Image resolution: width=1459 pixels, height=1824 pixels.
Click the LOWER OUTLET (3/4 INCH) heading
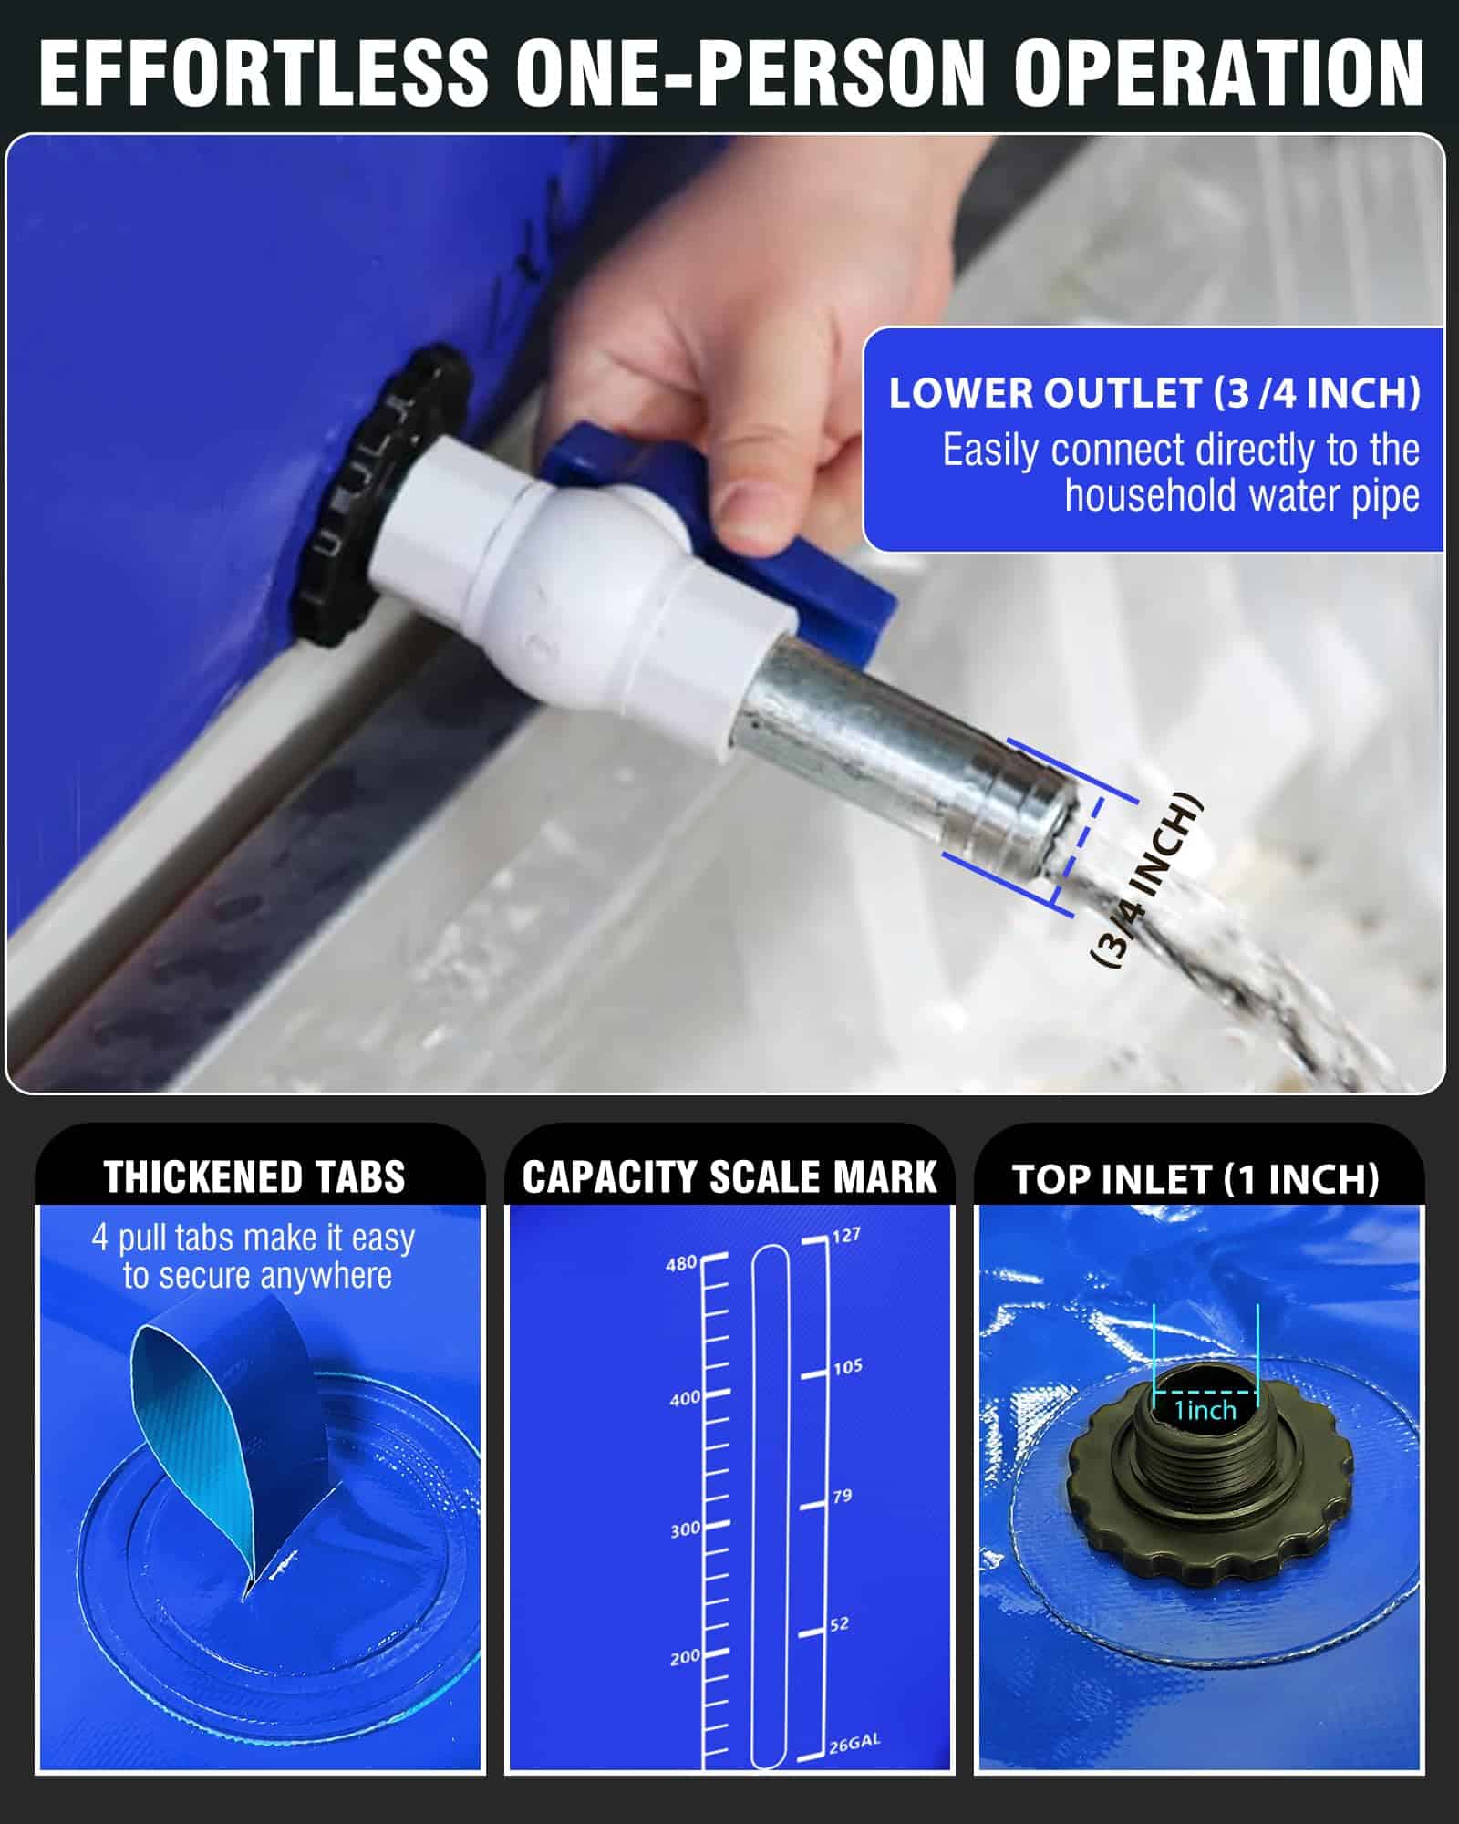pyautogui.click(x=1154, y=393)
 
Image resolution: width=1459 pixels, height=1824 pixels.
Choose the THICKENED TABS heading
pyautogui.click(x=254, y=1177)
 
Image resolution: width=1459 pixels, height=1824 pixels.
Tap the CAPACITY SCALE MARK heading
pyautogui.click(x=729, y=1177)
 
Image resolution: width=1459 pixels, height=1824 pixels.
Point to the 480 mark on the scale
pyautogui.click(x=681, y=1264)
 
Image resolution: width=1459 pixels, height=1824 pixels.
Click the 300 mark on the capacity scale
pyautogui.click(x=685, y=1530)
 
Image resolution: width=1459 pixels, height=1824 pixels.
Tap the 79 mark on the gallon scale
pyautogui.click(x=842, y=1496)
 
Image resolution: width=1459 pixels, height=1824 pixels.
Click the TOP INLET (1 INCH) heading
pyautogui.click(x=1195, y=1179)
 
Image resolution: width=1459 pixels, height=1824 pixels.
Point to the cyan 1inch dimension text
pyautogui.click(x=1205, y=1411)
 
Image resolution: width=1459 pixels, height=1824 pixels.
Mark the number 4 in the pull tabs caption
pyautogui.click(x=99, y=1238)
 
